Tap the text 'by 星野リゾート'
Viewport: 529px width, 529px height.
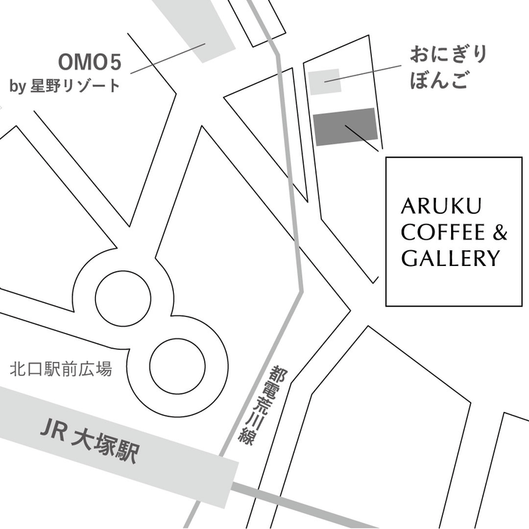click(x=65, y=85)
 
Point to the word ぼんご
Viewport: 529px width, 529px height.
click(x=439, y=81)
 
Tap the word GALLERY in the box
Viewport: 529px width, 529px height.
click(x=450, y=258)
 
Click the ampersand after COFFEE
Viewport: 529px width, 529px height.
click(x=500, y=233)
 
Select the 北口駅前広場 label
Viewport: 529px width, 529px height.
click(x=60, y=370)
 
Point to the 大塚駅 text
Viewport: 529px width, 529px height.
click(x=105, y=446)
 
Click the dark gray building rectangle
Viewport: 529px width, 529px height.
click(x=345, y=126)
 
